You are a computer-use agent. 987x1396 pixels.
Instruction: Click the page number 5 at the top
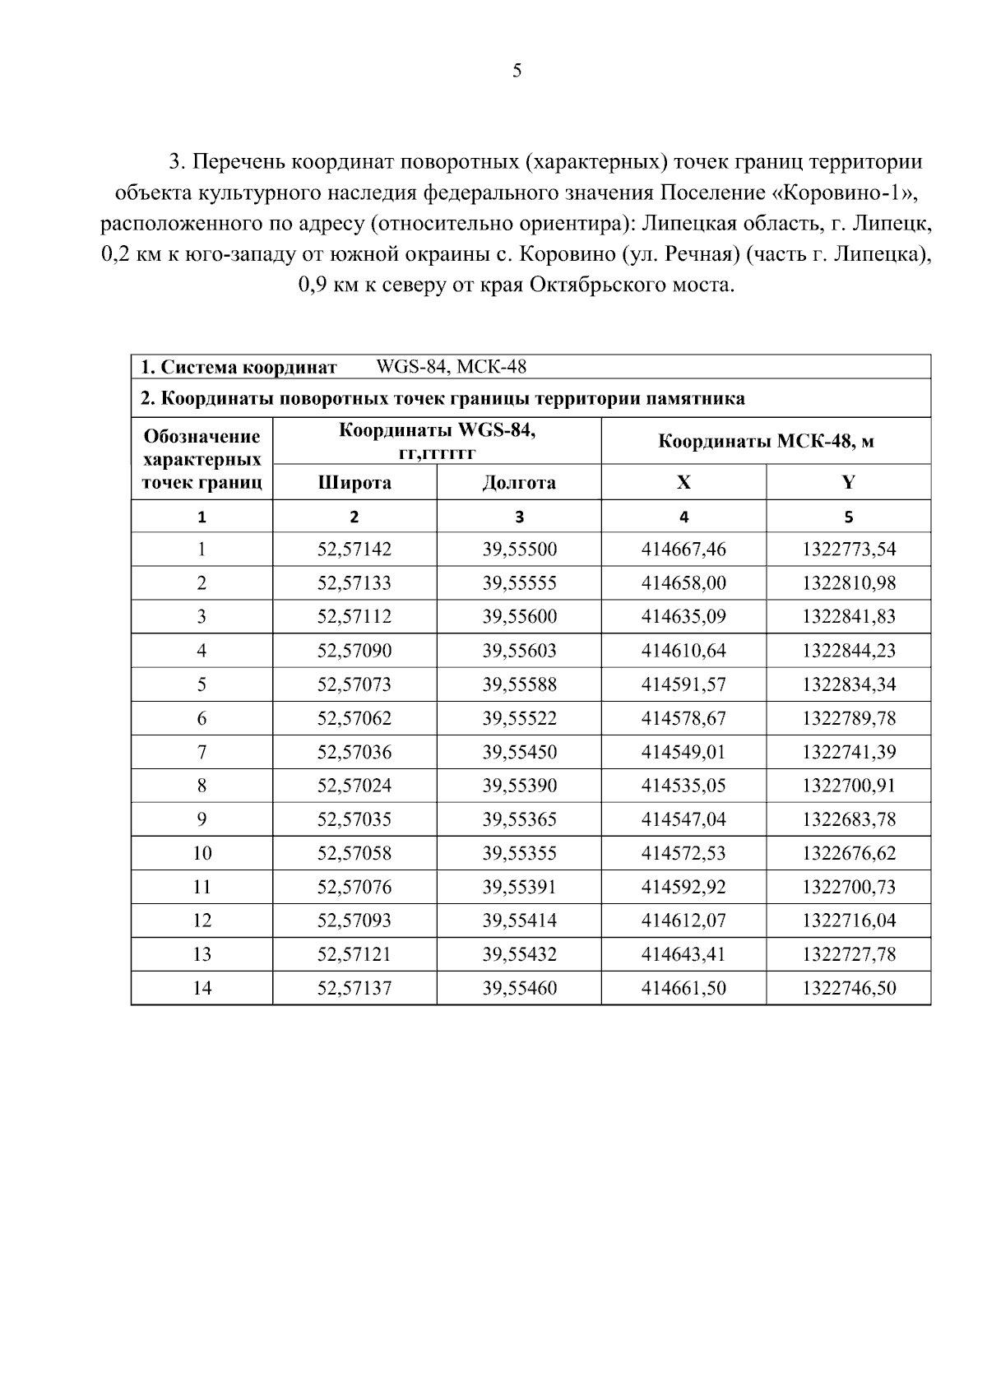pyautogui.click(x=517, y=71)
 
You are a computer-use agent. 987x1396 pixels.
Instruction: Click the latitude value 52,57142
pyautogui.click(x=354, y=550)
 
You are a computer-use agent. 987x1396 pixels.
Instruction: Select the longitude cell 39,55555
pyautogui.click(x=519, y=583)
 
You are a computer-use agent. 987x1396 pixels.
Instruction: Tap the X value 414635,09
pyautogui.click(x=683, y=617)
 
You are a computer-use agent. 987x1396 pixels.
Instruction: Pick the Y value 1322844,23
pyautogui.click(x=849, y=651)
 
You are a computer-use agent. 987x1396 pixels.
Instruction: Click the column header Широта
pyautogui.click(x=354, y=483)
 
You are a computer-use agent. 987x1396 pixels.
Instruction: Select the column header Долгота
pyautogui.click(x=519, y=483)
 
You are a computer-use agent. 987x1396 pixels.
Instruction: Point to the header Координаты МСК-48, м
pyautogui.click(x=766, y=442)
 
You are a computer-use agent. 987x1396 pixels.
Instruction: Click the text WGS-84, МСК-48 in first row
pyautogui.click(x=451, y=367)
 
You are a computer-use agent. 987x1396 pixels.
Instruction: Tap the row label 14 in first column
pyautogui.click(x=202, y=988)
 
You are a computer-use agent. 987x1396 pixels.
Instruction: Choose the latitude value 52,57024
pyautogui.click(x=354, y=786)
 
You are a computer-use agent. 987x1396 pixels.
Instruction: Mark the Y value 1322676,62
pyautogui.click(x=849, y=853)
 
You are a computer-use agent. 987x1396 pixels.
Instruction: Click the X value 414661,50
pyautogui.click(x=683, y=988)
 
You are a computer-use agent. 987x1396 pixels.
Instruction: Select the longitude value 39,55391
pyautogui.click(x=519, y=887)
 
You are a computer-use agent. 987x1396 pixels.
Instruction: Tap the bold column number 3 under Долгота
pyautogui.click(x=519, y=517)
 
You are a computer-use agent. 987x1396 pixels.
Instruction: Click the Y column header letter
pyautogui.click(x=849, y=483)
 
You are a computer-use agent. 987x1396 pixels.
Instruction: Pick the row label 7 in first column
pyautogui.click(x=202, y=752)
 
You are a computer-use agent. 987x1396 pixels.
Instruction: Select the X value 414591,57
pyautogui.click(x=683, y=684)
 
